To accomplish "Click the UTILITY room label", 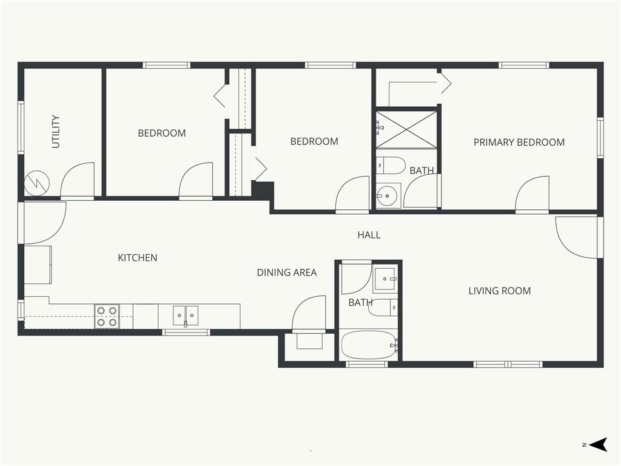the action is (56, 132).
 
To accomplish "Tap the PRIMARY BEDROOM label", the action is (519, 142).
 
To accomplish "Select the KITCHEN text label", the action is (138, 258).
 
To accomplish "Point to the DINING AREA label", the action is (287, 272).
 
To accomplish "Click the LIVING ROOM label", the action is (500, 291).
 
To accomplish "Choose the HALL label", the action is (369, 235).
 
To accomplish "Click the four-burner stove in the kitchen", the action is (107, 317).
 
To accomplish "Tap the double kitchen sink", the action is (186, 316).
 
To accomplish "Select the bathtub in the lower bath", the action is (370, 345).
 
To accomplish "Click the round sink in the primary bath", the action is (388, 195).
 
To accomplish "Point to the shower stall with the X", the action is (406, 130).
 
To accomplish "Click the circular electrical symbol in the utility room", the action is (37, 183).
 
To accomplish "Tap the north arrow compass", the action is (597, 445).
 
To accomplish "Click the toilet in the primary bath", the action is (391, 165).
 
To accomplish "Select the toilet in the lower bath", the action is (383, 308).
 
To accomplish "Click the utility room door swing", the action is (78, 180).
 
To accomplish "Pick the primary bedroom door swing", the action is (532, 193).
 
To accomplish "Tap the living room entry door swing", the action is (576, 237).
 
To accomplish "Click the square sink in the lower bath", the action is (384, 279).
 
